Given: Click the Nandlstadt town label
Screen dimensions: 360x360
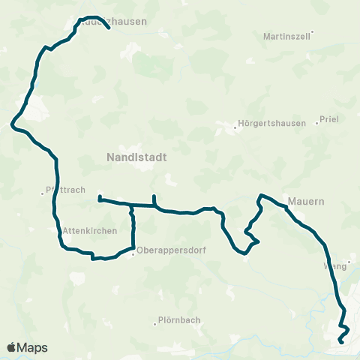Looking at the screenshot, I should [x=136, y=157].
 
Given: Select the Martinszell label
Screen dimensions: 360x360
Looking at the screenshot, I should [x=287, y=36].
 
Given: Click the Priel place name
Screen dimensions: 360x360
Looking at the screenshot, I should [x=329, y=118].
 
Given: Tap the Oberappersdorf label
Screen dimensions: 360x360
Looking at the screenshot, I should [x=166, y=251].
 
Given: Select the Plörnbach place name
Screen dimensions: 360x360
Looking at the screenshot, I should [x=180, y=320].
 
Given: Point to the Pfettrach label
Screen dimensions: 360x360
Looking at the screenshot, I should [x=64, y=191].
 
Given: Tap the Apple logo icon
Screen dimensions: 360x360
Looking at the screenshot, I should [x=11, y=347].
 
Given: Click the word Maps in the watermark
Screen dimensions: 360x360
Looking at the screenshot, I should [x=33, y=347].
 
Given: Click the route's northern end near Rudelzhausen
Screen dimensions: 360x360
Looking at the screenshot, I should [x=109, y=28].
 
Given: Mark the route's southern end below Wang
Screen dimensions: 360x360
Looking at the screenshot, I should [x=340, y=342].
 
